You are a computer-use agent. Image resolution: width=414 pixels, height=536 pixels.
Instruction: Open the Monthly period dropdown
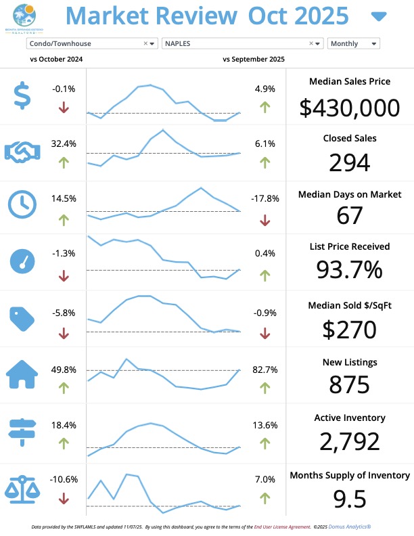(x=353, y=43)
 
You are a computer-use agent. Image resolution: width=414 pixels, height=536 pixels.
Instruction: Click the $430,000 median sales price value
(x=349, y=108)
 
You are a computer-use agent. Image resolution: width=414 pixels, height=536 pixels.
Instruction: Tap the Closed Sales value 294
(x=349, y=162)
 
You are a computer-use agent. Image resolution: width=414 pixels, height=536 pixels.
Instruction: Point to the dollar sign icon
(x=22, y=96)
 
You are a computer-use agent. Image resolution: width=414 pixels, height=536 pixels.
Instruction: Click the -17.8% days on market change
(x=264, y=198)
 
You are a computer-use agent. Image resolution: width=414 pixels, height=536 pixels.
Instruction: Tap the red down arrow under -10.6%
(x=64, y=498)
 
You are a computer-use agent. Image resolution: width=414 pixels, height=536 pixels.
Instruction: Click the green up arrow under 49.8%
(x=64, y=388)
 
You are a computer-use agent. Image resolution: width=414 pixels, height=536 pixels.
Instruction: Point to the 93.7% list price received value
(x=349, y=270)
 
